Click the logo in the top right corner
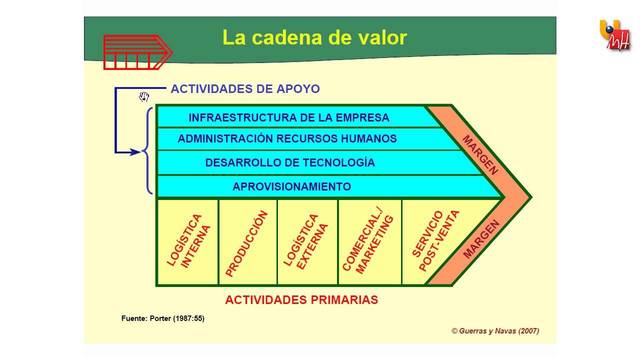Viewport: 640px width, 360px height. click(x=615, y=35)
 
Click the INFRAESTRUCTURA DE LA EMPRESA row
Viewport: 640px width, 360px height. click(x=289, y=117)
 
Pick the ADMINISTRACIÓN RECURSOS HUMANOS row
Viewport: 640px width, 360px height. click(x=287, y=139)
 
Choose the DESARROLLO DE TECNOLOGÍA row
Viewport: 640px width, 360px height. click(x=290, y=162)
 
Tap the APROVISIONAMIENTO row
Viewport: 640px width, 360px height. click(x=291, y=186)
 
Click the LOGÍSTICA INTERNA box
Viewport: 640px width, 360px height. click(x=186, y=243)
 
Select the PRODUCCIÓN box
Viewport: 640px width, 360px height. click(x=247, y=243)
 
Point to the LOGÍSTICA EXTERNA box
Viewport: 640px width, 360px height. click(x=307, y=243)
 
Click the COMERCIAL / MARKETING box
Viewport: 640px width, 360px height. click(x=367, y=243)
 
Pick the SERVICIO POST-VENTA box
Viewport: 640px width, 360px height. click(x=428, y=243)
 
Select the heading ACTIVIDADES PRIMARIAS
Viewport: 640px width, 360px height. click(x=301, y=299)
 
